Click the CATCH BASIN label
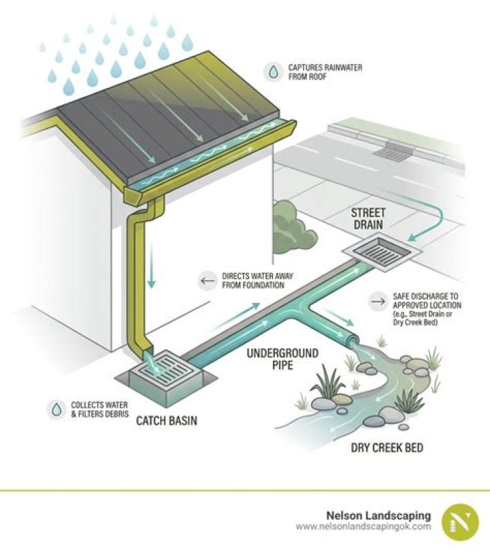pyautogui.click(x=167, y=421)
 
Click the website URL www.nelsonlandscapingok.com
pyautogui.click(x=363, y=527)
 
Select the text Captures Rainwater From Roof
pyautogui.click(x=318, y=72)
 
